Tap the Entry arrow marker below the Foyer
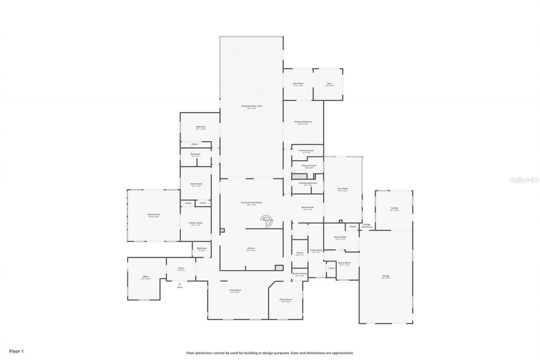pyautogui.click(x=180, y=284)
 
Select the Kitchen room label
pyautogui.click(x=251, y=248)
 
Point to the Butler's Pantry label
pyautogui.click(x=300, y=274)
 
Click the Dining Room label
pyautogui.click(x=286, y=300)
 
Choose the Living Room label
pyautogui.click(x=235, y=290)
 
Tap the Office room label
pyautogui.click(x=145, y=277)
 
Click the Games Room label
pyautogui.click(x=154, y=214)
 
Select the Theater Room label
pyautogui.click(x=196, y=223)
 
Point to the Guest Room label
pyautogui.click(x=196, y=184)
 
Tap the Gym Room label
pyautogui.click(x=298, y=84)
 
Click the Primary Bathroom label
pyautogui.click(x=308, y=183)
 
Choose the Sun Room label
pyautogui.click(x=343, y=189)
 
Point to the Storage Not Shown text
pyautogui.click(x=367, y=226)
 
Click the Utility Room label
pyautogui.click(x=316, y=250)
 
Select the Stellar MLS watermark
pyautogui.click(x=524, y=180)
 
